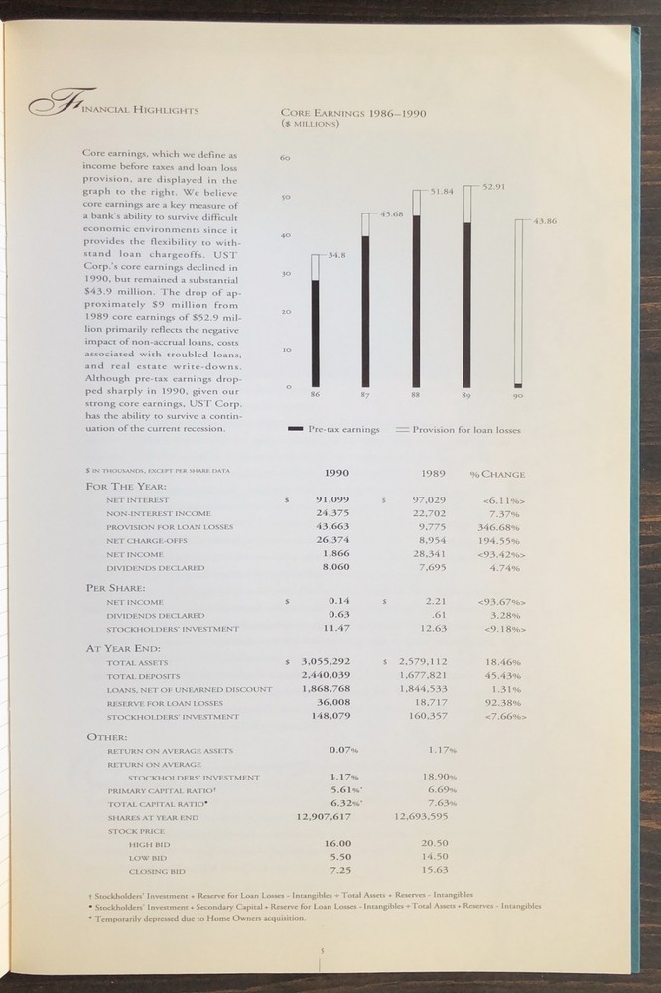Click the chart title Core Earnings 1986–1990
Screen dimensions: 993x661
[x=353, y=113]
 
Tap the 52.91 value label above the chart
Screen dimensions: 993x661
[x=494, y=186]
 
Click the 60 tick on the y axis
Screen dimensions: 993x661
[x=285, y=158]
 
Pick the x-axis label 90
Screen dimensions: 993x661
[x=517, y=396]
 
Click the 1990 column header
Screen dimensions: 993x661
[x=336, y=474]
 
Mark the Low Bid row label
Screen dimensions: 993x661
[x=146, y=857]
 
